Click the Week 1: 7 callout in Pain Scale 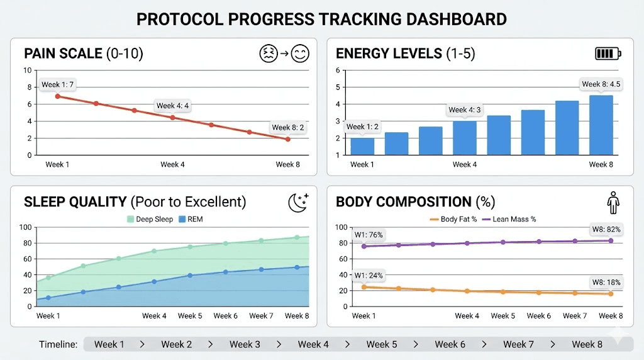(57, 84)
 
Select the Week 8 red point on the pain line (288, 139)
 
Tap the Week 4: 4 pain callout (172, 106)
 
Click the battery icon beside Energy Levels (608, 53)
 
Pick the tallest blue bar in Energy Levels (601, 125)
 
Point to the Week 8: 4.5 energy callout (601, 84)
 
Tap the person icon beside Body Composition (613, 203)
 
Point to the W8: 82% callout (606, 230)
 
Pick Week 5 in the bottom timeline (381, 344)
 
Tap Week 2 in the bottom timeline (176, 344)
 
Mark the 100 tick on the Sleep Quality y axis (25, 227)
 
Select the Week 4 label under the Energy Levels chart (465, 165)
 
